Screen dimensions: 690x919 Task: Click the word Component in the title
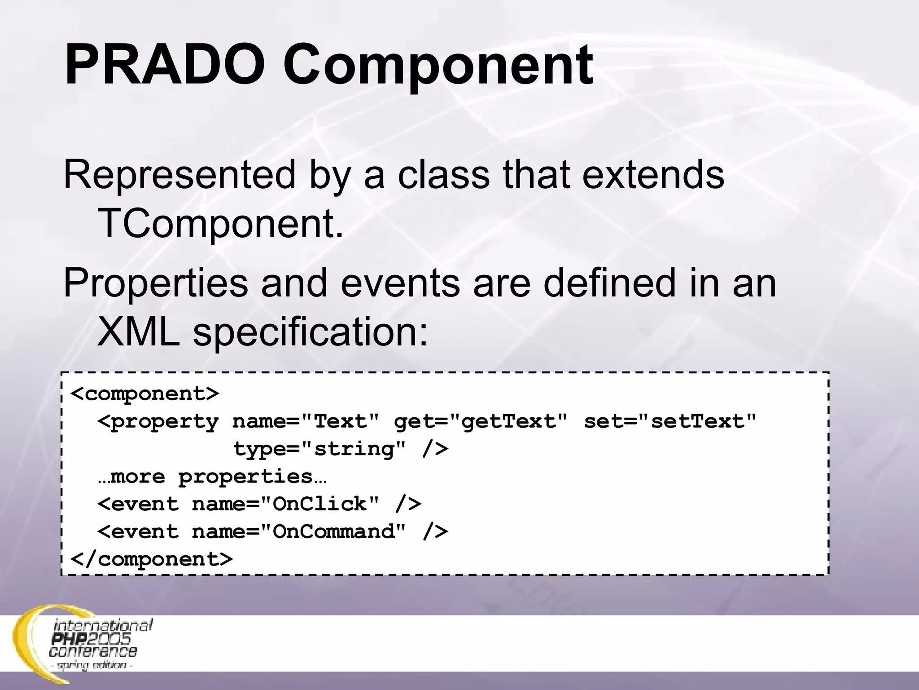pos(438,66)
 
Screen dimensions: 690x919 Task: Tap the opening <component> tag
pos(145,394)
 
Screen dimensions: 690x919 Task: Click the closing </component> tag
pos(152,559)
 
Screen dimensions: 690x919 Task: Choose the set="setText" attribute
pos(670,422)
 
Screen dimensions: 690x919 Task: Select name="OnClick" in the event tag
pos(285,504)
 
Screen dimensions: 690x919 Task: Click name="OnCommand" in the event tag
pos(299,532)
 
